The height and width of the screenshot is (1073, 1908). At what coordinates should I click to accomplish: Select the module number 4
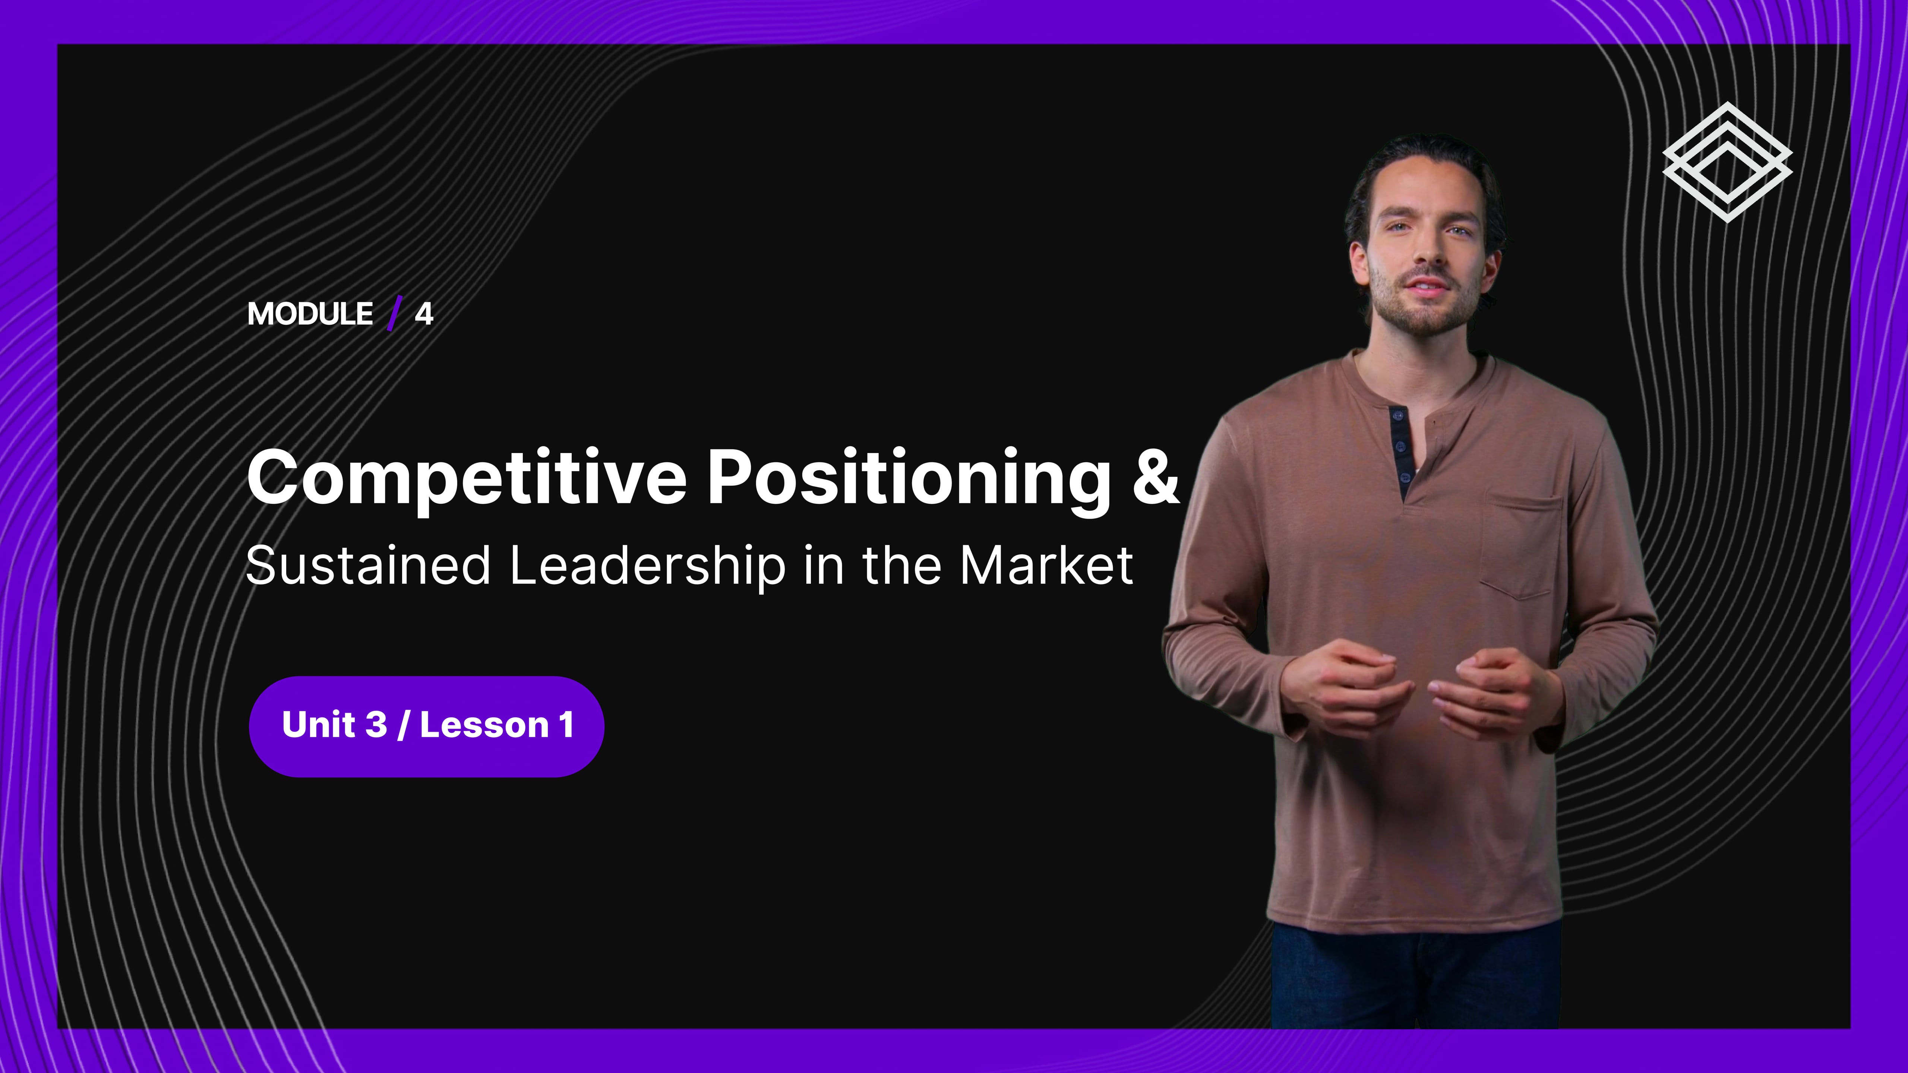424,314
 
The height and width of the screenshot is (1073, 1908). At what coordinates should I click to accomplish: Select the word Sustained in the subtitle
368,565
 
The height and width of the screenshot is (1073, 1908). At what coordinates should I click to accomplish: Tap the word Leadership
647,566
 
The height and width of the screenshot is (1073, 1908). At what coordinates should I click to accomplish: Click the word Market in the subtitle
1046,565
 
